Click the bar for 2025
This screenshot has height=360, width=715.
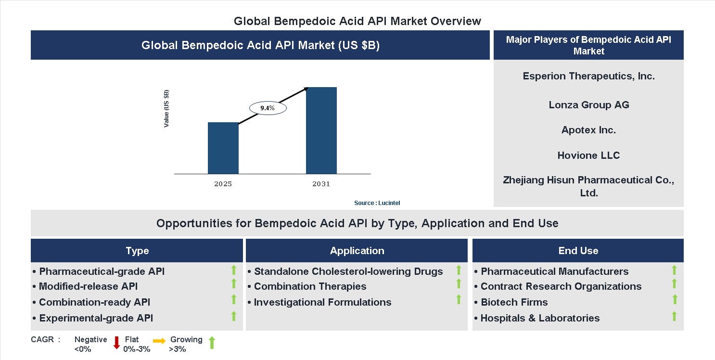pyautogui.click(x=223, y=148)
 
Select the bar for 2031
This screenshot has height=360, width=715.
pyautogui.click(x=321, y=130)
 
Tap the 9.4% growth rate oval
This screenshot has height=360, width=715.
pyautogui.click(x=268, y=108)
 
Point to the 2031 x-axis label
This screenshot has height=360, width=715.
pyautogui.click(x=321, y=184)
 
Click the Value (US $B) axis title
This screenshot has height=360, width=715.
pyautogui.click(x=166, y=108)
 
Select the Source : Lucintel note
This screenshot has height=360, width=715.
pyautogui.click(x=377, y=203)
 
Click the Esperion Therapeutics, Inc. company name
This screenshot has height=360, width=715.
pyautogui.click(x=588, y=76)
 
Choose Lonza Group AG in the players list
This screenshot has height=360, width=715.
pyautogui.click(x=588, y=105)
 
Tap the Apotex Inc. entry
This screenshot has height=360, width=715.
pyautogui.click(x=588, y=130)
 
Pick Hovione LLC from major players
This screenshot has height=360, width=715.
pyautogui.click(x=588, y=155)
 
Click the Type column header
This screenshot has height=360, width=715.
pyautogui.click(x=137, y=251)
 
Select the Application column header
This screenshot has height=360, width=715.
pyautogui.click(x=357, y=251)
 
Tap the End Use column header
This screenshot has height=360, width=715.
pyautogui.click(x=578, y=251)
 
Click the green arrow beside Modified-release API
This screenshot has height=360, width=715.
pyautogui.click(x=234, y=283)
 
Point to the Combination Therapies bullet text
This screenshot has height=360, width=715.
pyautogui.click(x=310, y=286)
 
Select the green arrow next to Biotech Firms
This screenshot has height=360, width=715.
pyautogui.click(x=675, y=299)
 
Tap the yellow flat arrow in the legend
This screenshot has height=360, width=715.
pyautogui.click(x=159, y=341)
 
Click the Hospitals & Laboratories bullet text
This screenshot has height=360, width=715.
pyautogui.click(x=540, y=318)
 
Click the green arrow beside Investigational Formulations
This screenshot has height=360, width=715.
pyautogui.click(x=459, y=299)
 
